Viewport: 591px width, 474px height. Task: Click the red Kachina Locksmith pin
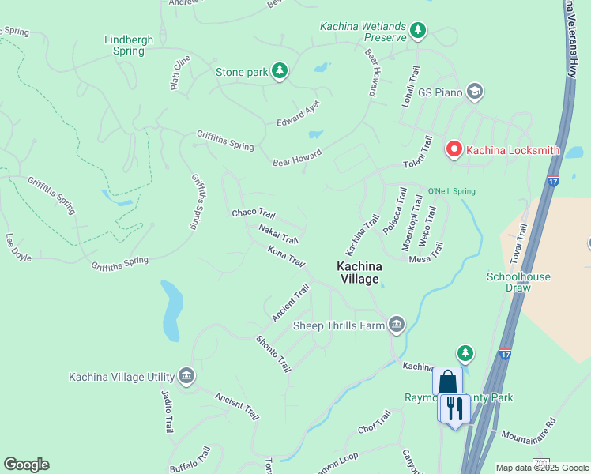[454, 149]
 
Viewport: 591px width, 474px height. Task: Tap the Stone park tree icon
[279, 72]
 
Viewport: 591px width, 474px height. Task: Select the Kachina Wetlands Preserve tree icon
[418, 32]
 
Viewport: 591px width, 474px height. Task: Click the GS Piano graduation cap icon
[475, 92]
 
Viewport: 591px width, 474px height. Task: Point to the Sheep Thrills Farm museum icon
[396, 324]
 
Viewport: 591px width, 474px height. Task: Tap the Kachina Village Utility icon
[186, 375]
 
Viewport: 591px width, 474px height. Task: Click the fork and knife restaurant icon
[454, 409]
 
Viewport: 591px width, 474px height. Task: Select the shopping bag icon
[447, 382]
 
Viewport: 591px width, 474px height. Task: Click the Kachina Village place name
[359, 273]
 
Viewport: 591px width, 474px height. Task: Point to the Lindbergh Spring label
[125, 45]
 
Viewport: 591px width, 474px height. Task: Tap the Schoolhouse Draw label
[518, 282]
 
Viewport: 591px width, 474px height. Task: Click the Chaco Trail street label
[253, 214]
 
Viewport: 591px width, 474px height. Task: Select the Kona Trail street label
[285, 256]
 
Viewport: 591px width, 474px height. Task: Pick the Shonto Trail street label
[273, 354]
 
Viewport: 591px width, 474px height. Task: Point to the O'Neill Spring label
[451, 191]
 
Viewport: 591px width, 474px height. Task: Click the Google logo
[26, 465]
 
